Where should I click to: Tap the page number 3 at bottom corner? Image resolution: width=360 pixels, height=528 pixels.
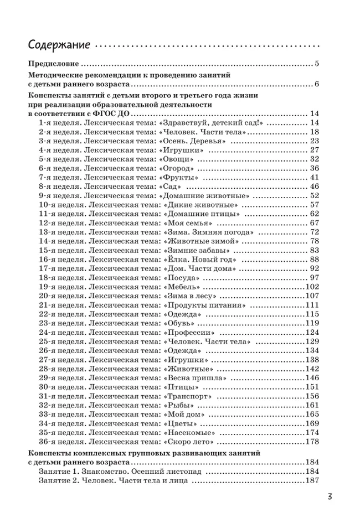(x=328, y=496)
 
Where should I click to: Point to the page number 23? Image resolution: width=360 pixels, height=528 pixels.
(x=314, y=141)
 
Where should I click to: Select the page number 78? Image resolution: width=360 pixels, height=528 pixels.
(x=314, y=241)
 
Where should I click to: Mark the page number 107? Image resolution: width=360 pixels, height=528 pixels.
(x=312, y=296)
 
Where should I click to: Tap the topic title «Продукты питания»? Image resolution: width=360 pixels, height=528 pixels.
(x=204, y=305)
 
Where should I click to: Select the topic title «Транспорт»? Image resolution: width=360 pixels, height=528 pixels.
(x=187, y=396)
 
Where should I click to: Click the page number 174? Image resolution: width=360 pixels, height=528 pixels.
(x=312, y=432)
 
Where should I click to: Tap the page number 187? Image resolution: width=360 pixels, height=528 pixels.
(x=312, y=481)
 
